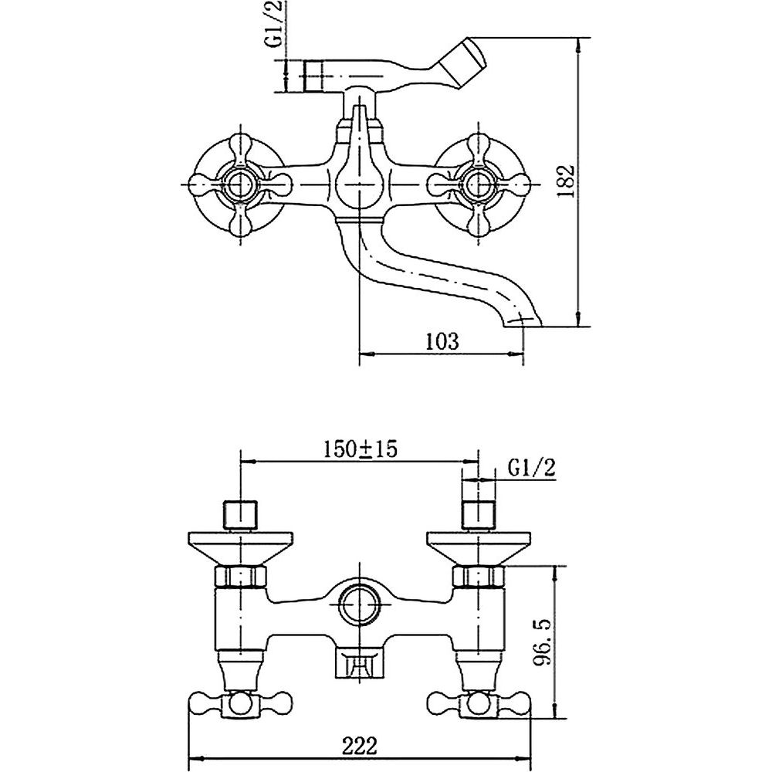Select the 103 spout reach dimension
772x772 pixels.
[x=441, y=340]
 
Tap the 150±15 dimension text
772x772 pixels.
[x=360, y=449]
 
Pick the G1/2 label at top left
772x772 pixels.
[x=275, y=24]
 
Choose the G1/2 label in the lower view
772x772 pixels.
[x=532, y=469]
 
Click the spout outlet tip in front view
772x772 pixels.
[x=522, y=321]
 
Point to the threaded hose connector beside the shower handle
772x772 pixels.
[x=313, y=76]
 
